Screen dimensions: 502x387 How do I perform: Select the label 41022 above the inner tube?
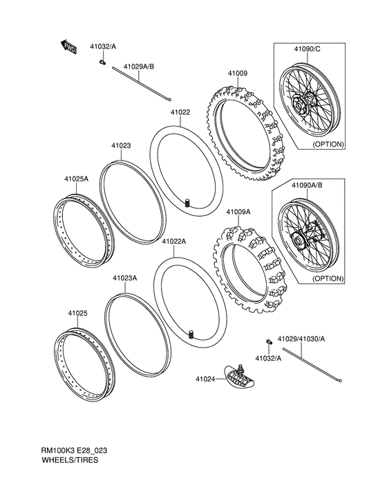pyautogui.click(x=181, y=111)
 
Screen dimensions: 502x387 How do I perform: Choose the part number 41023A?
pyautogui.click(x=125, y=278)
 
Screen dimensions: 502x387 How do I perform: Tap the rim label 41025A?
pyautogui.click(x=77, y=178)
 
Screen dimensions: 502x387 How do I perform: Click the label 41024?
pyautogui.click(x=206, y=379)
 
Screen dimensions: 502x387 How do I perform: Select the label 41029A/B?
pyautogui.click(x=139, y=66)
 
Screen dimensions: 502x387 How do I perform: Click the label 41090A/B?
pyautogui.click(x=308, y=186)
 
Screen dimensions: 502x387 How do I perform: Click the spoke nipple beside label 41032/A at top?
pyautogui.click(x=102, y=63)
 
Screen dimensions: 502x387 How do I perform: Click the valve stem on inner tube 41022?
pyautogui.click(x=187, y=202)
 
